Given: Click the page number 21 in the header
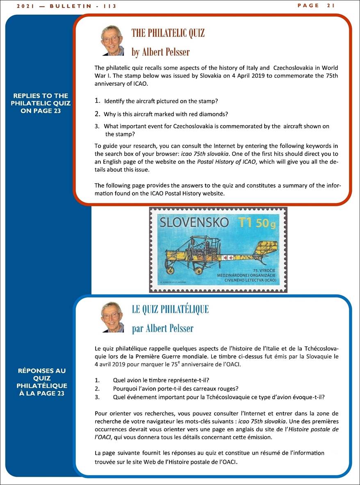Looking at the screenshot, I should (x=331, y=5).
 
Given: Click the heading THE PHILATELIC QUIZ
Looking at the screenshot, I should (x=168, y=33).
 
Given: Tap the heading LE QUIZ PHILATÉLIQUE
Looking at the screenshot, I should (x=170, y=309).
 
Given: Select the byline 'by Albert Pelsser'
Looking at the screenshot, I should (x=160, y=52).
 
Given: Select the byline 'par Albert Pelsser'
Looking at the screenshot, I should (x=162, y=328).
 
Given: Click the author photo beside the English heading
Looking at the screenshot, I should (x=112, y=40).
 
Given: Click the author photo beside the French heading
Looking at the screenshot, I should (x=112, y=317).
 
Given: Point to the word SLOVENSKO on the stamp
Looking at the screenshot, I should (x=194, y=222).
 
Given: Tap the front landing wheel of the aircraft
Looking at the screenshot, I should (x=169, y=271).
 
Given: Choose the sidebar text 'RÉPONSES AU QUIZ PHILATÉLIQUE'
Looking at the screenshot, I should (x=42, y=382).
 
